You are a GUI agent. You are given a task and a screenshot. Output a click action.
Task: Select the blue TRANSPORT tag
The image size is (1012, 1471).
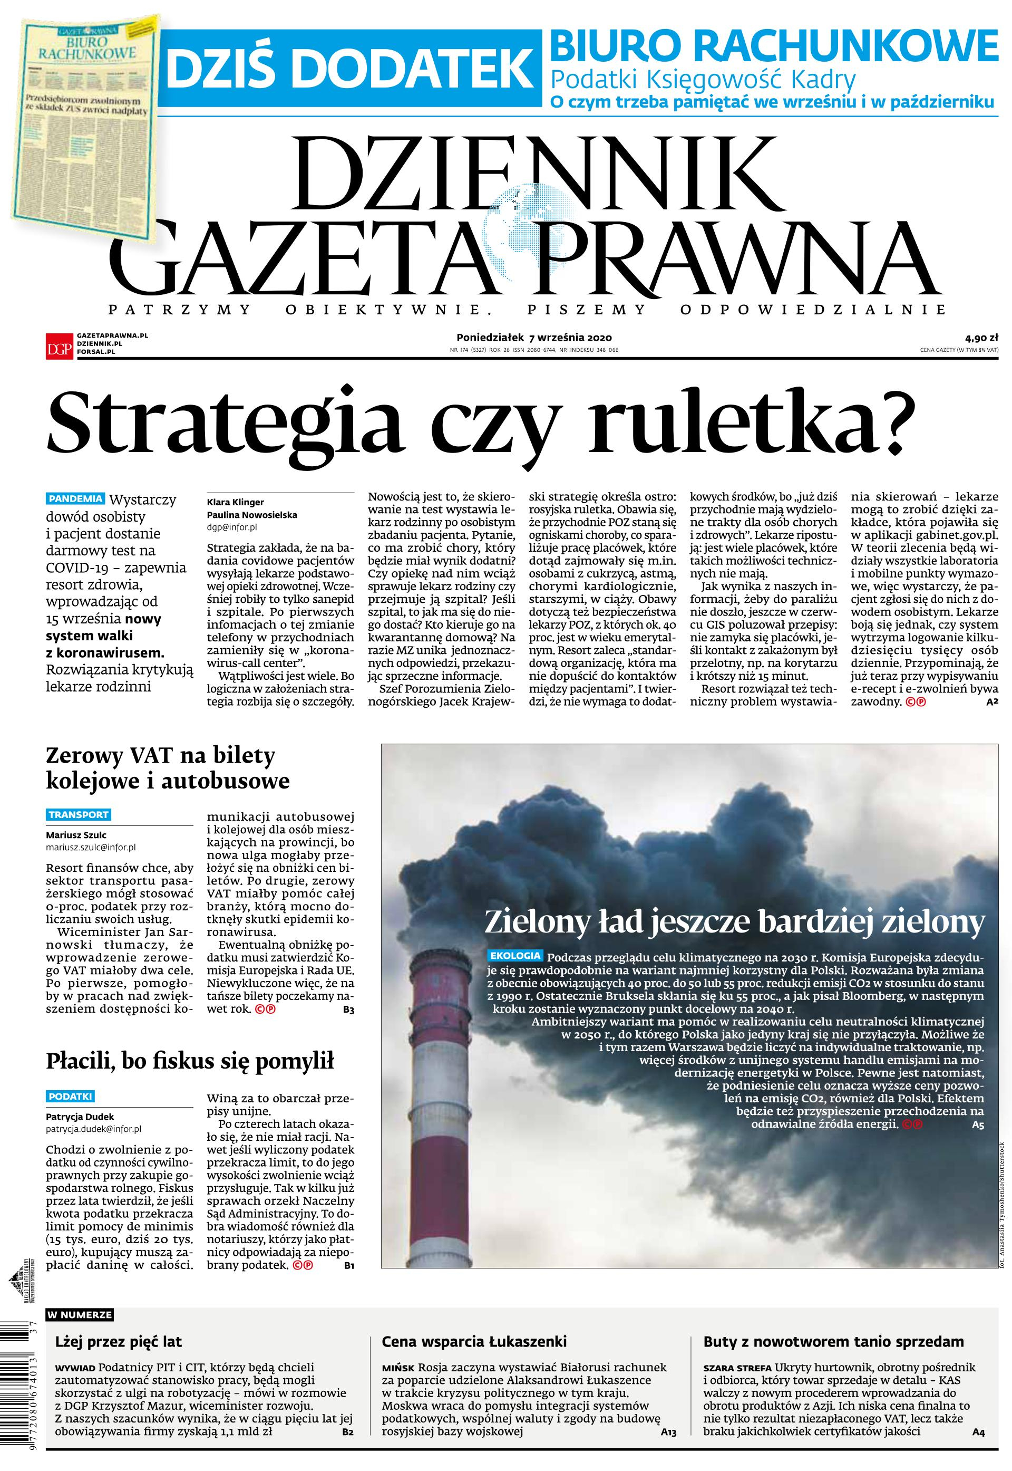[x=79, y=814]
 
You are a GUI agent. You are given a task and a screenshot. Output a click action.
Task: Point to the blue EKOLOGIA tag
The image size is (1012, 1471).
[x=515, y=955]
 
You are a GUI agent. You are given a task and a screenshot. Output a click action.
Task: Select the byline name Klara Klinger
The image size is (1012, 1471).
[x=235, y=502]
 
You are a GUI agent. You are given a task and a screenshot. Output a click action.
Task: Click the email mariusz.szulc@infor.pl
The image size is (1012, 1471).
[x=91, y=847]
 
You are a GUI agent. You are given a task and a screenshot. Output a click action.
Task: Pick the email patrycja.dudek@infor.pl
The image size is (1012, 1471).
[x=93, y=1129]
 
